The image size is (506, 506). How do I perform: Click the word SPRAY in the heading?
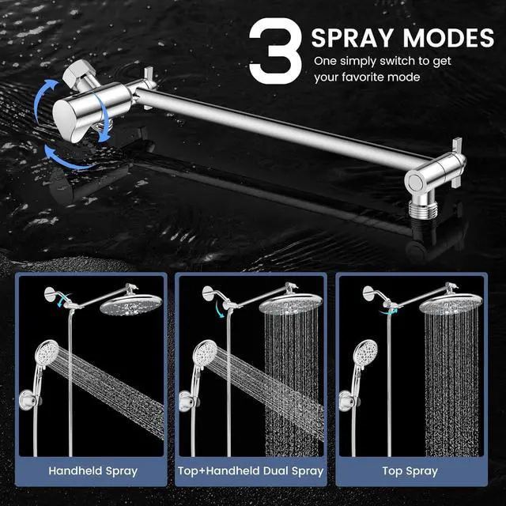[356, 37]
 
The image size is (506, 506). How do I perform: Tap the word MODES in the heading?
[449, 37]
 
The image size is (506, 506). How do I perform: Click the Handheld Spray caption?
[93, 471]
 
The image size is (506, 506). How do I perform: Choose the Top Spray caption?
[410, 471]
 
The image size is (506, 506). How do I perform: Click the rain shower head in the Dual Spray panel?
[289, 304]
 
